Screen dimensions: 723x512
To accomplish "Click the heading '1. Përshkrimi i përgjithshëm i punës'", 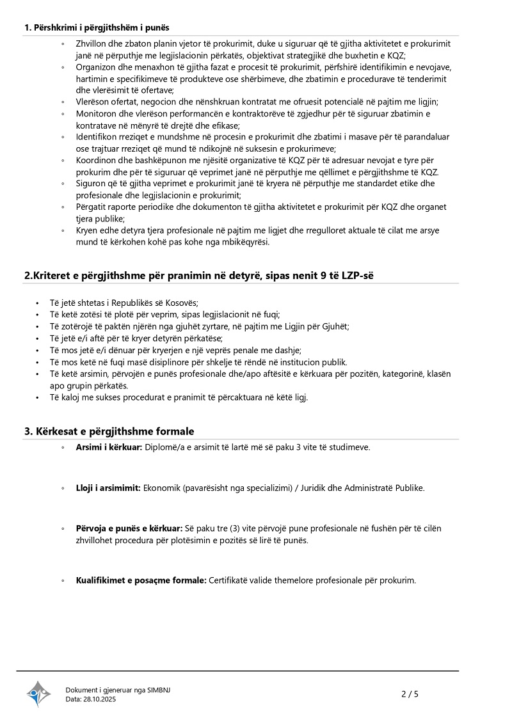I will pyautogui.click(x=97, y=28).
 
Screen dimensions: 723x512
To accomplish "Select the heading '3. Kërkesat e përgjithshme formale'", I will pyautogui.click(x=109, y=431).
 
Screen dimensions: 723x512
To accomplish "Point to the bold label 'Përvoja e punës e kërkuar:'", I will pyautogui.click(x=129, y=528).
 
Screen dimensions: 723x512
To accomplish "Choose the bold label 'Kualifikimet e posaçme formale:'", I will pyautogui.click(x=141, y=580).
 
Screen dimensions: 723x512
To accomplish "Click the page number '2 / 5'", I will pyautogui.click(x=410, y=694).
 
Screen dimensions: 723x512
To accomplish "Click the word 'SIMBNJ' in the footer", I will pyautogui.click(x=158, y=690).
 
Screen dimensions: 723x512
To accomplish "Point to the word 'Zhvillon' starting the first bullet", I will pyautogui.click(x=92, y=44).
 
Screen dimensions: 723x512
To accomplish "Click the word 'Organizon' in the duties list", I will pyautogui.click(x=95, y=67).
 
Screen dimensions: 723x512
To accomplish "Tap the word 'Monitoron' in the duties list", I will pyautogui.click(x=95, y=114).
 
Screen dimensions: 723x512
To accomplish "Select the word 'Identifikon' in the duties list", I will pyautogui.click(x=96, y=137).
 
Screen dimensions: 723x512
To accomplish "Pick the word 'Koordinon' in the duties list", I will pyautogui.click(x=95, y=161).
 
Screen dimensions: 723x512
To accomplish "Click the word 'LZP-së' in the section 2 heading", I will pyautogui.click(x=367, y=275).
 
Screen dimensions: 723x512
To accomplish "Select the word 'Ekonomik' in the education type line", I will pyautogui.click(x=161, y=488).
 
